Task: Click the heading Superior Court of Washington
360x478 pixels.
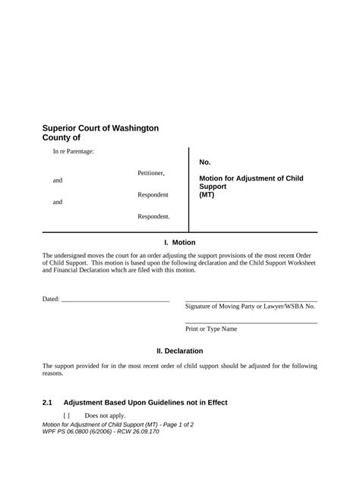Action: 100,128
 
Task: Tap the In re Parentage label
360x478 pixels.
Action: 73,153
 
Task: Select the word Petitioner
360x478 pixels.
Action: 150,174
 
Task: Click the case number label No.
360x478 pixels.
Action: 205,162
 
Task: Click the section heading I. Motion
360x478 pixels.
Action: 179,243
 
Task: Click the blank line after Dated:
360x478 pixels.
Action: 115,301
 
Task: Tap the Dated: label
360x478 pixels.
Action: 50,300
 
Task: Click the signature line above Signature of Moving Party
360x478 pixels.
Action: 251,300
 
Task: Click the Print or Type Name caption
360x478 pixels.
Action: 211,329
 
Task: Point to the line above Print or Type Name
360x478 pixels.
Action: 251,323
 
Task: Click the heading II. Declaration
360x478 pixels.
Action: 179,351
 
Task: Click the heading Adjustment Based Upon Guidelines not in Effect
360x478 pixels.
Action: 145,402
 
